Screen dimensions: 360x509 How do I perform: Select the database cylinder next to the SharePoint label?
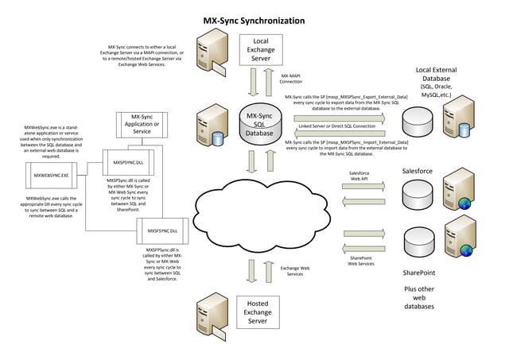tap(418, 238)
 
